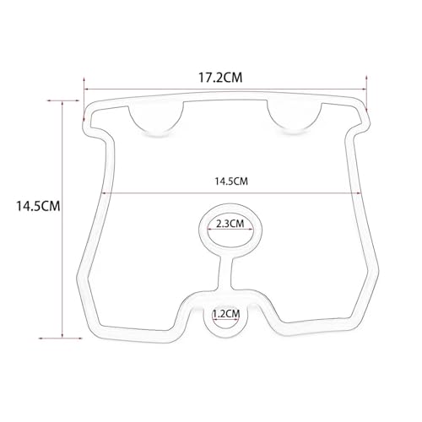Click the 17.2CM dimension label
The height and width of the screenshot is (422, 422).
(x=220, y=78)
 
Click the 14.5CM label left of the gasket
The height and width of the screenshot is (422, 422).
(x=38, y=206)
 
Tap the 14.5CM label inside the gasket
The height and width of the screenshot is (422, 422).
(x=231, y=181)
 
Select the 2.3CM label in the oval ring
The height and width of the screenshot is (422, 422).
(x=230, y=224)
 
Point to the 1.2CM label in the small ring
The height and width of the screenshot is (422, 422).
(x=226, y=313)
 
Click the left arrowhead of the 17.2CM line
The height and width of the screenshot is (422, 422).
(x=86, y=89)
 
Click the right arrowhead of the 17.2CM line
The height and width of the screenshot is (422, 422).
(x=364, y=89)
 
